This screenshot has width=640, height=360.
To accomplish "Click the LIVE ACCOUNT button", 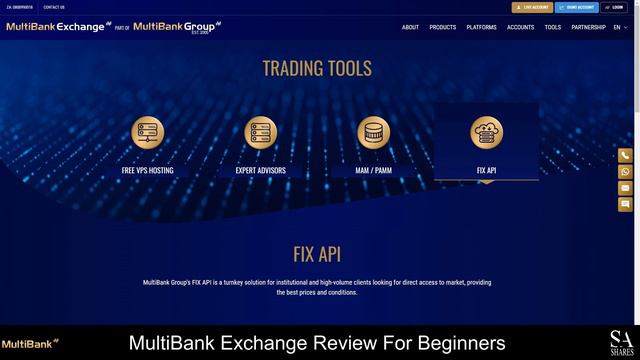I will (x=532, y=7).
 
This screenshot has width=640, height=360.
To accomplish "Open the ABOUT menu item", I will (x=410, y=27).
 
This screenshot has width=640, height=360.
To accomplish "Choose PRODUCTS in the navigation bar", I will (x=443, y=27).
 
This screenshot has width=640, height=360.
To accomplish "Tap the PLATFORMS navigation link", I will (x=481, y=27).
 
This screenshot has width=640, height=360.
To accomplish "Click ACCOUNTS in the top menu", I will (x=520, y=27).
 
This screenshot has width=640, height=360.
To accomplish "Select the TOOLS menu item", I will (x=552, y=27).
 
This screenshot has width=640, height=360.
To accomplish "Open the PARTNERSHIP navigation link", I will (x=588, y=27).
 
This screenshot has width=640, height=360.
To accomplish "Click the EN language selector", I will (x=620, y=27).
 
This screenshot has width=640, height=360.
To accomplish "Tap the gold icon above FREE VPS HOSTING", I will (x=148, y=132).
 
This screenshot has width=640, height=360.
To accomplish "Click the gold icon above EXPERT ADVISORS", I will (x=261, y=132).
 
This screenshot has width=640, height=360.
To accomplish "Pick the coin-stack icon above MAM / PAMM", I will (x=373, y=132).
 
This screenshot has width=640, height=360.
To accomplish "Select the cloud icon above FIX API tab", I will (x=487, y=132).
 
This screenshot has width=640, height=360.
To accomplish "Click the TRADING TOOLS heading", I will (x=317, y=68).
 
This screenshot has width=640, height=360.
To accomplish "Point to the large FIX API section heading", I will (x=317, y=254).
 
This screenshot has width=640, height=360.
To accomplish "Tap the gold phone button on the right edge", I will (x=625, y=155).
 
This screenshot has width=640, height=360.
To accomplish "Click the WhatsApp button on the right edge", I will (x=625, y=171).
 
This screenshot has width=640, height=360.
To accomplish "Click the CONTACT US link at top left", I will (x=54, y=7).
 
